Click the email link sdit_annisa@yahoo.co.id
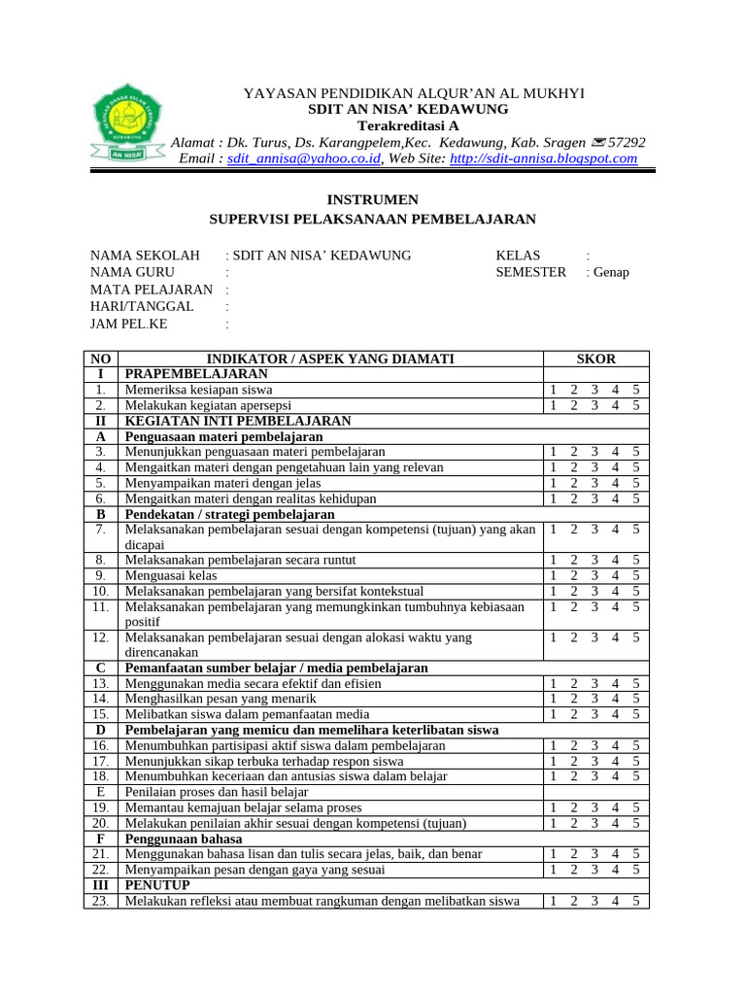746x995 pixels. (x=304, y=158)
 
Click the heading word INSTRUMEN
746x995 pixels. (x=373, y=200)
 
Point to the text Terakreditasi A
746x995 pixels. (x=408, y=125)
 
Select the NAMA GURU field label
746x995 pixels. (x=133, y=272)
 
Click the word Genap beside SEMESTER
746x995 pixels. (x=611, y=272)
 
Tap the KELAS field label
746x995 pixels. (x=518, y=256)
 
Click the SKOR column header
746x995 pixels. (x=595, y=360)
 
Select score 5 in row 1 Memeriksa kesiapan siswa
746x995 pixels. (x=635, y=390)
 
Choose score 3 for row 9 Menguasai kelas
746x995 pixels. (x=593, y=575)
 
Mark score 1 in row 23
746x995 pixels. (x=553, y=901)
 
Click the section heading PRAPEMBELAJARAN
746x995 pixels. (x=195, y=374)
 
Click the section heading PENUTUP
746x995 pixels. (x=157, y=885)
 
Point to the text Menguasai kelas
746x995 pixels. (x=171, y=575)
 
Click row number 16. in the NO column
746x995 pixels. (x=100, y=745)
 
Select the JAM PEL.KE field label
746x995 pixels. (x=128, y=325)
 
